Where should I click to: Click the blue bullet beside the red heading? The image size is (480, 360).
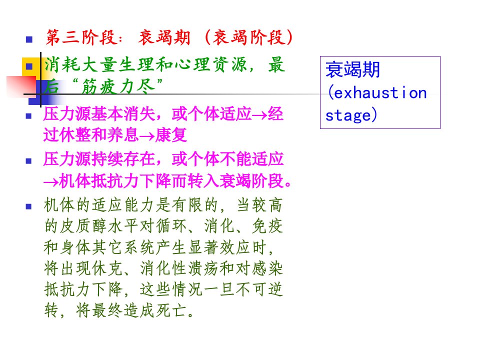click(x=29, y=39)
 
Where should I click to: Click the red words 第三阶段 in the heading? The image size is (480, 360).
click(x=81, y=38)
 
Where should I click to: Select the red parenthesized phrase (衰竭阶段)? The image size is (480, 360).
click(x=248, y=38)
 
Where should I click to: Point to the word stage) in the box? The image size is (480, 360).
click(x=351, y=115)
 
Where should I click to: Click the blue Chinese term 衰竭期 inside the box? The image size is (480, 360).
click(x=352, y=69)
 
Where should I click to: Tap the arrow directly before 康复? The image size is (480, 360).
click(x=147, y=136)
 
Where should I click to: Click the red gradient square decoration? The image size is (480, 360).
click(x=21, y=86)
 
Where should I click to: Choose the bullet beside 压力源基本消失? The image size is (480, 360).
click(x=29, y=116)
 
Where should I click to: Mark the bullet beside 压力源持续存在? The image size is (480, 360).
click(x=29, y=161)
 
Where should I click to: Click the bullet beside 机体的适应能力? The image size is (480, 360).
click(x=29, y=206)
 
